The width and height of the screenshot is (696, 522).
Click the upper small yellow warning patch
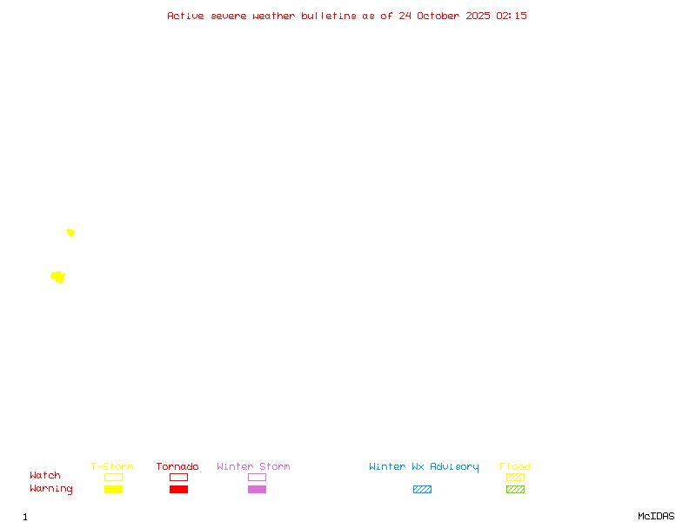click(70, 232)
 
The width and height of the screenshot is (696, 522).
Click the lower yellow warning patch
click(58, 277)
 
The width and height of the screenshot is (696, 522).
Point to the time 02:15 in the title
click(512, 16)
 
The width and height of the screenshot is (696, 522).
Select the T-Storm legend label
click(112, 466)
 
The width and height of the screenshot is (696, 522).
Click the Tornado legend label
click(177, 466)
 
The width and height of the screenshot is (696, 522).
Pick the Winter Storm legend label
click(253, 466)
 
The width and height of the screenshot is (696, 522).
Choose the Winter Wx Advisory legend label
click(424, 466)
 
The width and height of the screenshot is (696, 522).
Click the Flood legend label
click(515, 466)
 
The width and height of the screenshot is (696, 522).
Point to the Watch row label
click(45, 476)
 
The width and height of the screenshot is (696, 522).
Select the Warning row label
click(51, 489)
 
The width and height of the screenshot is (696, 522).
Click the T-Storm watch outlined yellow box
click(113, 477)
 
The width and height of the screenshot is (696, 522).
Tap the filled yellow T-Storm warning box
click(113, 489)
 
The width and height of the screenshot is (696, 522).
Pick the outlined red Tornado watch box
click(178, 477)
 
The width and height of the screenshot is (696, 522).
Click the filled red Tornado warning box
click(178, 489)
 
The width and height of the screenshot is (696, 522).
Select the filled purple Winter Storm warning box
click(257, 489)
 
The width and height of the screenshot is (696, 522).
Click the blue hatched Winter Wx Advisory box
click(422, 489)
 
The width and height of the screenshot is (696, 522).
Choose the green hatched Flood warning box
click(515, 489)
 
